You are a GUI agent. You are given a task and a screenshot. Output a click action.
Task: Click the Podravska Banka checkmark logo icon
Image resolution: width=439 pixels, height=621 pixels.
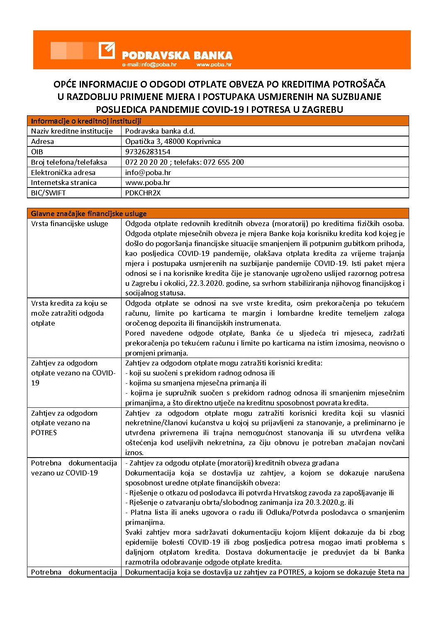[x=107, y=51]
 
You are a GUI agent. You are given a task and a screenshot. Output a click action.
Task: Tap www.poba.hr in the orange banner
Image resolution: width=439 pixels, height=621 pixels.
[x=214, y=65]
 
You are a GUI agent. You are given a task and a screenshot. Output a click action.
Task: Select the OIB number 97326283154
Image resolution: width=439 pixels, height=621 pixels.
[x=148, y=152]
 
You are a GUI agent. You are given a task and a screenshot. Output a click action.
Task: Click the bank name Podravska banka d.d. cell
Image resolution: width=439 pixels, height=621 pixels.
[x=160, y=131]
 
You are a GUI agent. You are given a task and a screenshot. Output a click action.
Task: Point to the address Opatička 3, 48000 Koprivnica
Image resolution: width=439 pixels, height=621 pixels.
[x=173, y=141]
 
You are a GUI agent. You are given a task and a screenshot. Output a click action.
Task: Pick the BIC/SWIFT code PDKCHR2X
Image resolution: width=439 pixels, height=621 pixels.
[x=143, y=193]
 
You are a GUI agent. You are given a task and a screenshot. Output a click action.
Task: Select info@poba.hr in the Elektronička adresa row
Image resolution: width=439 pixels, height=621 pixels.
[x=148, y=173]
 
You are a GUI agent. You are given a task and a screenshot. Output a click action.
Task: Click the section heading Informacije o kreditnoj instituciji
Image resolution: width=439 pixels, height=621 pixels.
[x=86, y=121]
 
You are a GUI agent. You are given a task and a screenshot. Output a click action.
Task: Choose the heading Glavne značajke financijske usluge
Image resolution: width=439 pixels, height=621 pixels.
[x=89, y=214]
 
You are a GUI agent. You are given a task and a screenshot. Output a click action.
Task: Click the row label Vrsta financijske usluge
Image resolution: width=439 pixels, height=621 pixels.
[x=70, y=224]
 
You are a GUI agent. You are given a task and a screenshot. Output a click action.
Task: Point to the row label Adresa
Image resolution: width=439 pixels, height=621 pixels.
[x=42, y=141]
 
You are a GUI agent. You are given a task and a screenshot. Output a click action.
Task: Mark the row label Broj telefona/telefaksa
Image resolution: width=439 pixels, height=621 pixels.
[x=69, y=162]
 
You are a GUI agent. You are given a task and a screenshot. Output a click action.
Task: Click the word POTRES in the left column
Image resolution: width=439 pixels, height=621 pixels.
[x=44, y=433]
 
